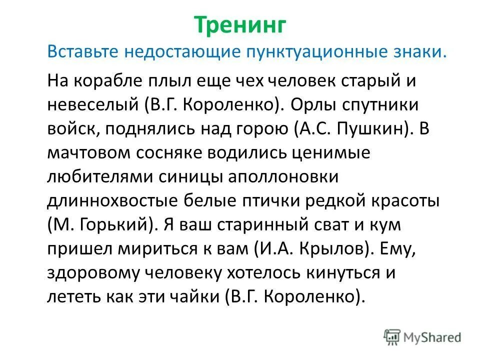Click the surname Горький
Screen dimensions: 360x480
click(x=113, y=225)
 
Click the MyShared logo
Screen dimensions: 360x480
click(x=423, y=336)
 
